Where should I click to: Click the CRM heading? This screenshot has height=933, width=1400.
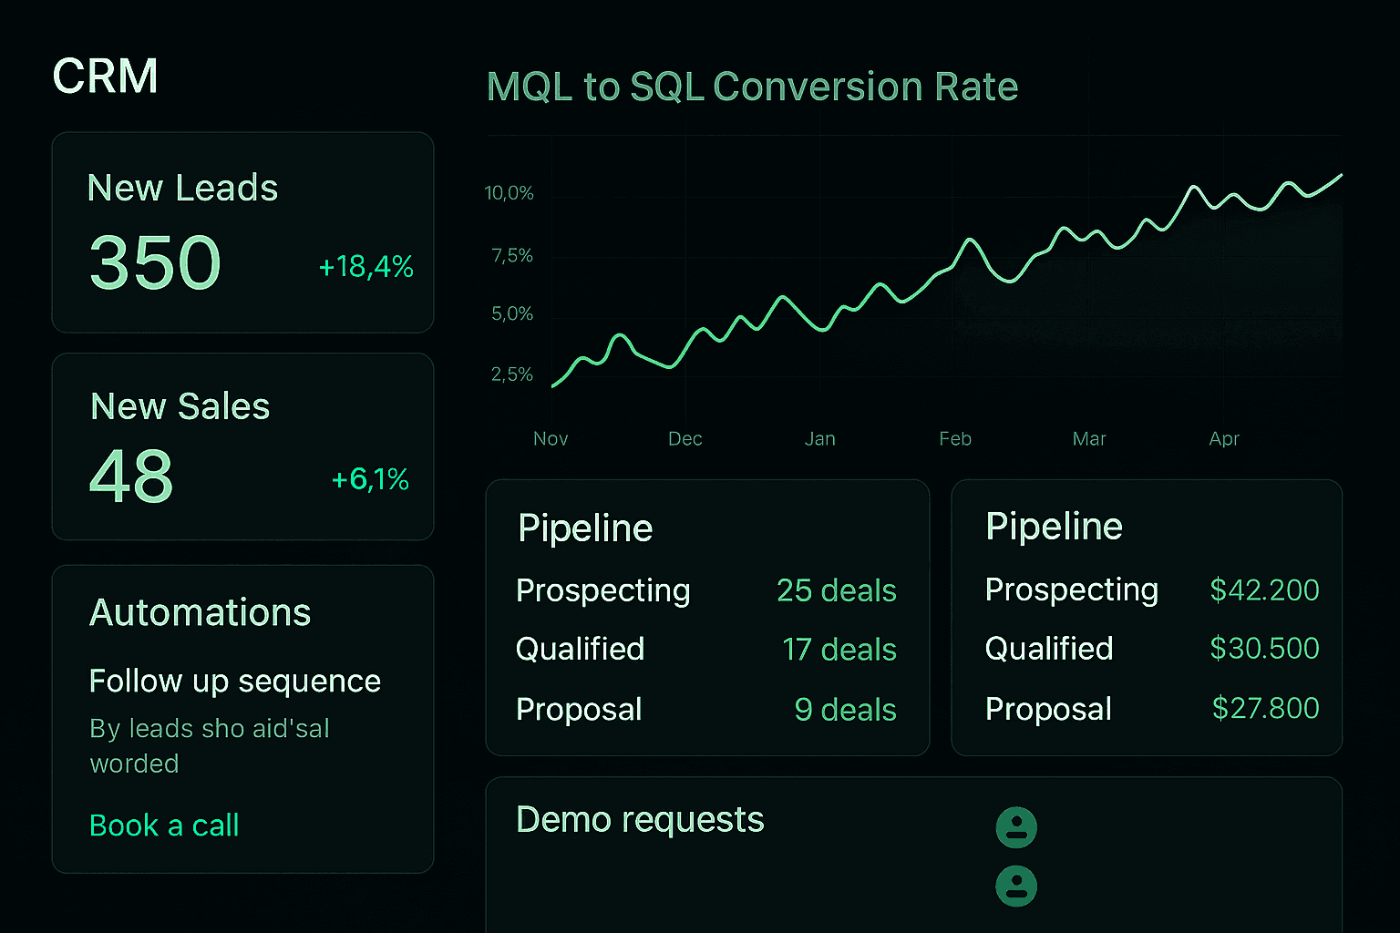point(105,76)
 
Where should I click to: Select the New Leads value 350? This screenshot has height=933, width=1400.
point(155,262)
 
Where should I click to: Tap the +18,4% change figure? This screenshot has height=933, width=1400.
point(365,267)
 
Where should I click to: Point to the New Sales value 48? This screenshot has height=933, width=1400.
point(131,477)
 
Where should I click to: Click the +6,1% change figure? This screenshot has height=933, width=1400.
point(370,479)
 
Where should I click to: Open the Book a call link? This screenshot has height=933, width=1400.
point(164,825)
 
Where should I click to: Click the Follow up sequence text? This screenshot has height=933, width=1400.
point(235,681)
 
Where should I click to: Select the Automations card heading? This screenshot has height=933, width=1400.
point(201,612)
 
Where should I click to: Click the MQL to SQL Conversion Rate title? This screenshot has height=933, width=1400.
point(752,87)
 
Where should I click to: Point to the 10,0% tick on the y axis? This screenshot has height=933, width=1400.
point(509,193)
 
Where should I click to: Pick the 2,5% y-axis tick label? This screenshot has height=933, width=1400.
point(511,374)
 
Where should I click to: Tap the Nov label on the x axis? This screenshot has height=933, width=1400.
point(551,439)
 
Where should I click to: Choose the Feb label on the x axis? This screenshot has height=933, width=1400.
point(955,439)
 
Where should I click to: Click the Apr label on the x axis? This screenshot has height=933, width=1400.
point(1224,439)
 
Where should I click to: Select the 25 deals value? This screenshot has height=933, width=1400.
point(836,590)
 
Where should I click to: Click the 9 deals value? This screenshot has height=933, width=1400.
point(845,710)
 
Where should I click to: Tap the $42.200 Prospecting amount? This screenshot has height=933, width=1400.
point(1264,590)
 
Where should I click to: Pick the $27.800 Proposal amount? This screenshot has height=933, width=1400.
point(1265,708)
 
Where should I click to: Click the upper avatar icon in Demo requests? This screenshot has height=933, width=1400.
point(1016,827)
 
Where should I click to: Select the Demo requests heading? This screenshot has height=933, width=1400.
point(640,820)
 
